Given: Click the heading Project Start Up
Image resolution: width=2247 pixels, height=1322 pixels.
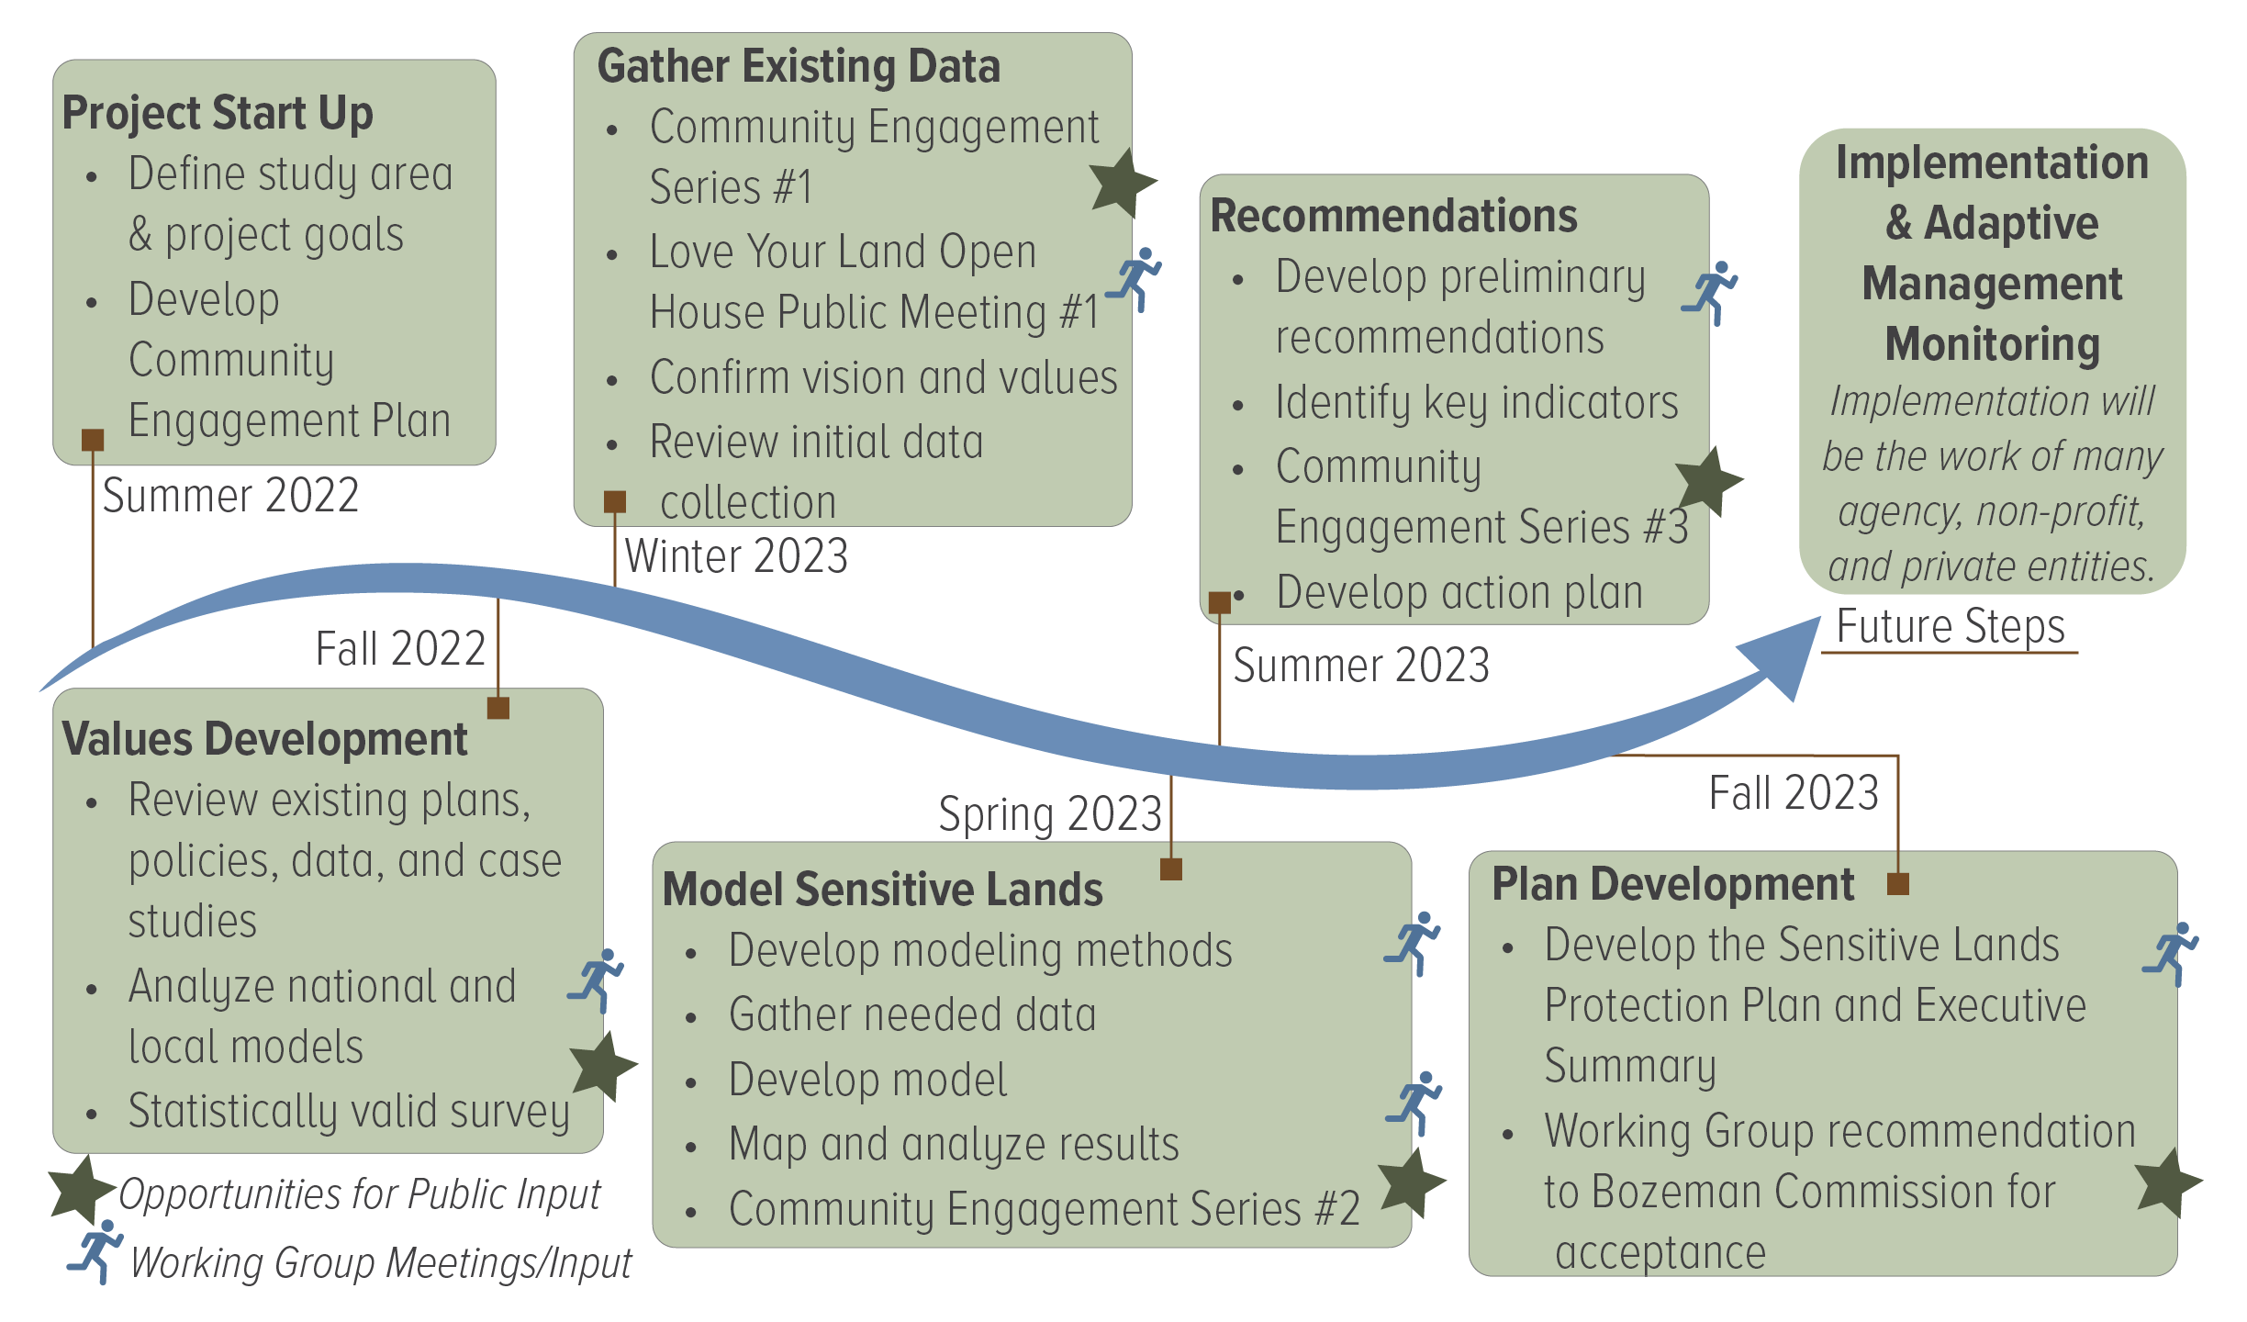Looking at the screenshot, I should point(218,113).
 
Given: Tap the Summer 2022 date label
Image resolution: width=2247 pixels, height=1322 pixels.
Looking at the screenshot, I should point(229,496).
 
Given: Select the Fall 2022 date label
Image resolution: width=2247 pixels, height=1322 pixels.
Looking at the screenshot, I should point(400,648).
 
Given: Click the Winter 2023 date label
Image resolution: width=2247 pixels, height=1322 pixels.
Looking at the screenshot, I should point(736,556).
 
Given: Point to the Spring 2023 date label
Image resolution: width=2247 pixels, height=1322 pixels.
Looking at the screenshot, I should point(1049,813).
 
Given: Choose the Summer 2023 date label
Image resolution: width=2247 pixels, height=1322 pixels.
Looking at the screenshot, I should point(1360,665).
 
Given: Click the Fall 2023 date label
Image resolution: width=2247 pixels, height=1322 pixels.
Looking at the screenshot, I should point(1794,792).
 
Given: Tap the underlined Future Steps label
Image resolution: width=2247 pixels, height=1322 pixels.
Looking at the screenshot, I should point(1951,627).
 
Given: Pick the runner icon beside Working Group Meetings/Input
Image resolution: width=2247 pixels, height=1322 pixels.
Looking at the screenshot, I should point(95,1251).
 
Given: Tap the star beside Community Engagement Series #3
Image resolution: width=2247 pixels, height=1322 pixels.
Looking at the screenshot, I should point(1708,481).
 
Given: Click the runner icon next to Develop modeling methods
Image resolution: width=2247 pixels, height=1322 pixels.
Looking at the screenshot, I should point(1414,943).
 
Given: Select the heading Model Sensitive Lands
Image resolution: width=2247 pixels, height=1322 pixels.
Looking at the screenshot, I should point(882,889).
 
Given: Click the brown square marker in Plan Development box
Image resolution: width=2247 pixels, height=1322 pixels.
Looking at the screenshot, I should point(1897,884).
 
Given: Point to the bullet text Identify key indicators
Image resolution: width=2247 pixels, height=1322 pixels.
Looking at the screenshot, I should point(1476,402).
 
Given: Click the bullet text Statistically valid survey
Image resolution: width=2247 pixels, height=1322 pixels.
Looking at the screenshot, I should point(349,1111).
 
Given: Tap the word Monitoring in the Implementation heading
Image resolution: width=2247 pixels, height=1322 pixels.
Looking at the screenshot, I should point(1992,344).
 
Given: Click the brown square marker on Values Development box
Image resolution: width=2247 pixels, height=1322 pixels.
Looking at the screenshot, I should point(497,708).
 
